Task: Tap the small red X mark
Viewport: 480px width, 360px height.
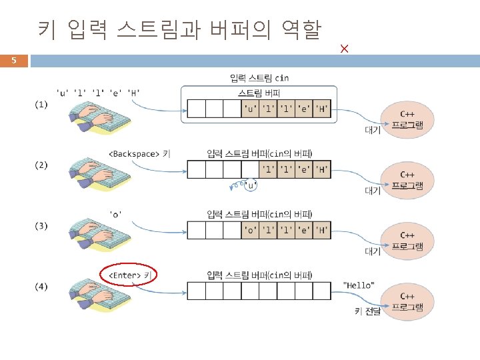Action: (344, 49)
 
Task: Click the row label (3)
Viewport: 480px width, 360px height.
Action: (41, 226)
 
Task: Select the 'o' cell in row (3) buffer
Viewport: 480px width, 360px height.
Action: (250, 231)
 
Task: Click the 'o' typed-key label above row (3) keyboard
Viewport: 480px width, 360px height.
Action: (116, 213)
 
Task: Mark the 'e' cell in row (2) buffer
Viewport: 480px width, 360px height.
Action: (304, 170)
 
